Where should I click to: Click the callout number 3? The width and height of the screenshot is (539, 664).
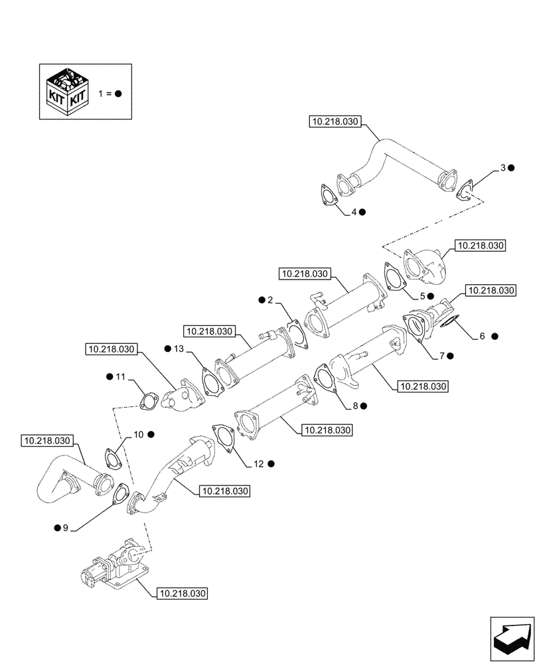[503, 169]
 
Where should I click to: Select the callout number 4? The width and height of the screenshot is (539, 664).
[354, 212]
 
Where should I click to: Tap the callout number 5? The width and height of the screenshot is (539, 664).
[422, 295]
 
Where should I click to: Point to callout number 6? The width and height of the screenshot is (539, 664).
[483, 337]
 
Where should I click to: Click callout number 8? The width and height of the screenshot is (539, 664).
[355, 404]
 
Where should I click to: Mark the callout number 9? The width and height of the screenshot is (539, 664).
[65, 528]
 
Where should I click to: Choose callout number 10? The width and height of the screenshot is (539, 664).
[137, 434]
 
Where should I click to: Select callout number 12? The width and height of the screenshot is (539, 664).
[258, 464]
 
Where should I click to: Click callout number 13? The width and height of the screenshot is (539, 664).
[178, 349]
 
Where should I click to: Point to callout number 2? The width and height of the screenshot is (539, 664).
[270, 301]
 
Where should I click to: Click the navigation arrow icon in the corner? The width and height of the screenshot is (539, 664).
[511, 639]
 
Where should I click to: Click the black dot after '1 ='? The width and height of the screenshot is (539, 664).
[118, 94]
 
